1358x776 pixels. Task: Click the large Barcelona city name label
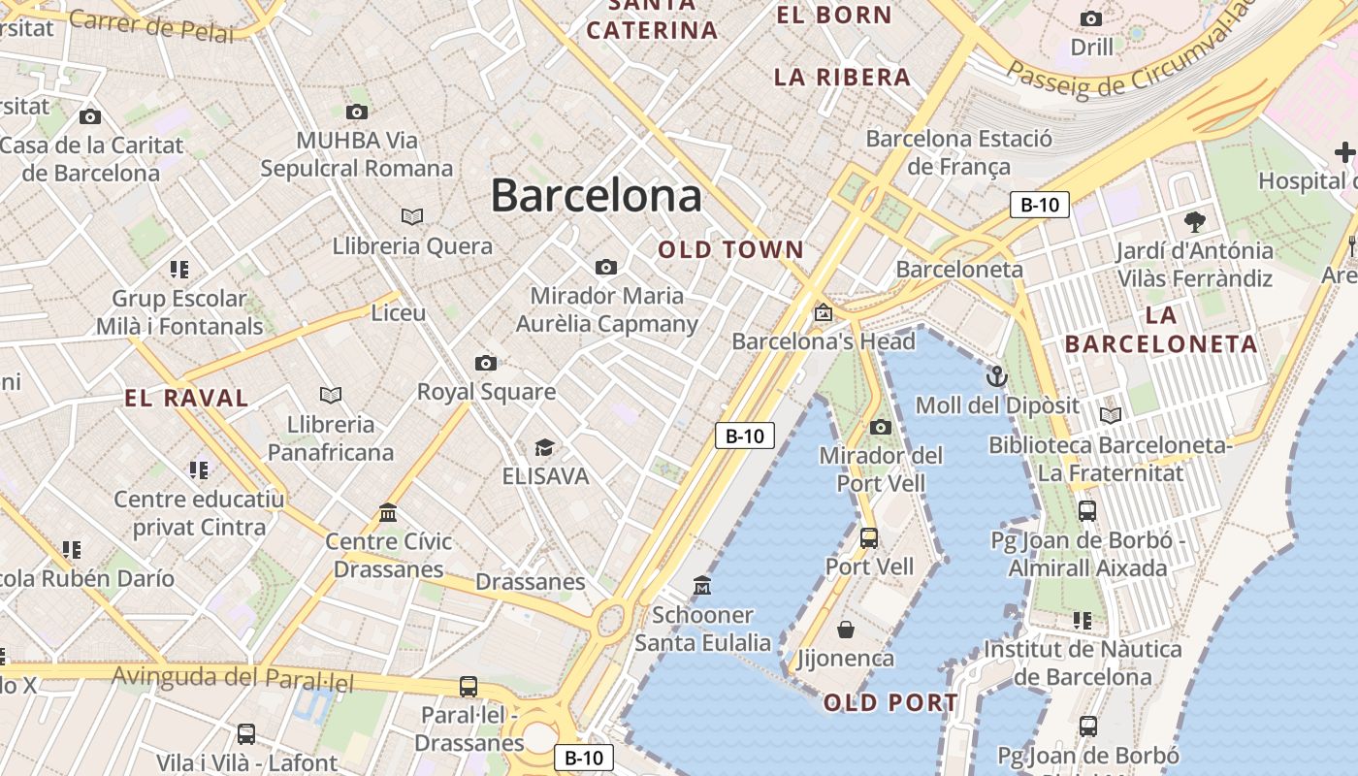596,195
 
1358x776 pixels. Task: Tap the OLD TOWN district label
731,249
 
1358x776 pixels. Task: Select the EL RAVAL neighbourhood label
187,397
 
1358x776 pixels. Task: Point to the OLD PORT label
890,702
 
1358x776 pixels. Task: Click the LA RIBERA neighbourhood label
842,77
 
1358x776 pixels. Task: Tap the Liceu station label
399,312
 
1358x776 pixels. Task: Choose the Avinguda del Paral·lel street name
233,676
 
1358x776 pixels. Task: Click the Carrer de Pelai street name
151,26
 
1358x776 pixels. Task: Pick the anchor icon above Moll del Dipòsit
996,375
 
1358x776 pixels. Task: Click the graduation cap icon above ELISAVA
545,447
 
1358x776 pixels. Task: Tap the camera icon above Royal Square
486,363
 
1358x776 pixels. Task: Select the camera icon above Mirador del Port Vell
880,427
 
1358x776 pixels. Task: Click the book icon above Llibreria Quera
412,216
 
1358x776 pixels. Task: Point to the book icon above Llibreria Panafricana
331,395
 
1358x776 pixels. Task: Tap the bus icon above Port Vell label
869,537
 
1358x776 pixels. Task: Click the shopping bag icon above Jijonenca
846,630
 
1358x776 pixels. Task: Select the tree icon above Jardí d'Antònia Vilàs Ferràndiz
1195,221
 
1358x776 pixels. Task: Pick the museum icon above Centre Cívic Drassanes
389,512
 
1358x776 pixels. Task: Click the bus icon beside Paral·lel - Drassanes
469,687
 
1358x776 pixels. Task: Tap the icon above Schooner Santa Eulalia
702,585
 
